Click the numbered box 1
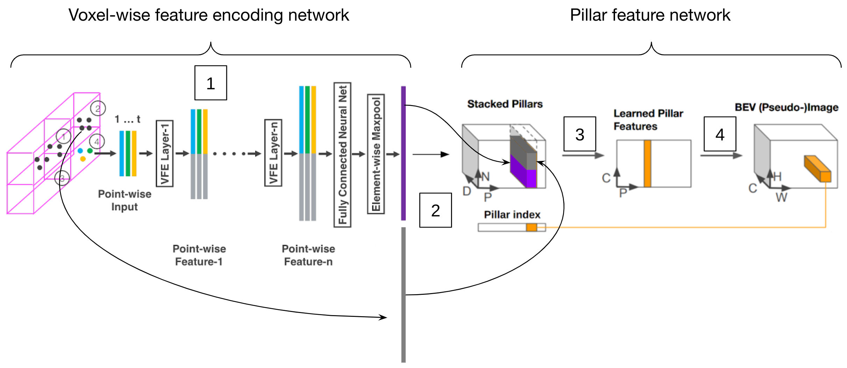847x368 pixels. (x=211, y=83)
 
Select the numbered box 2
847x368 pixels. (x=436, y=210)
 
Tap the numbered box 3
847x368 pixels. (x=580, y=134)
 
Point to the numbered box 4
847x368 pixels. (x=720, y=134)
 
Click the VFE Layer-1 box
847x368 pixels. (x=165, y=153)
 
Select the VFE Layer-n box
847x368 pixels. (x=273, y=153)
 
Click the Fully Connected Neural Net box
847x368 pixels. (x=343, y=155)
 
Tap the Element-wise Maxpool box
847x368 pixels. (x=376, y=154)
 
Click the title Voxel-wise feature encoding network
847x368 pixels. (x=209, y=15)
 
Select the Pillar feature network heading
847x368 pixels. (x=650, y=15)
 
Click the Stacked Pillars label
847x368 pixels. (x=505, y=104)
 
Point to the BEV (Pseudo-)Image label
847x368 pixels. (x=786, y=107)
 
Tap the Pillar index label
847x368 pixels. (x=512, y=215)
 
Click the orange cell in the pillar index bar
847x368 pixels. (x=531, y=228)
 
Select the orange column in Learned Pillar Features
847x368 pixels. (x=648, y=164)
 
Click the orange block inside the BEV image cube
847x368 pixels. (x=818, y=168)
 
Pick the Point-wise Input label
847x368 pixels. (x=125, y=200)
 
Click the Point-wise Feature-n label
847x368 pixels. (x=308, y=255)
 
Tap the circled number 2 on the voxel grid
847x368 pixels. (x=98, y=109)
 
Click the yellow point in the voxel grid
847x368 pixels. (x=83, y=159)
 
